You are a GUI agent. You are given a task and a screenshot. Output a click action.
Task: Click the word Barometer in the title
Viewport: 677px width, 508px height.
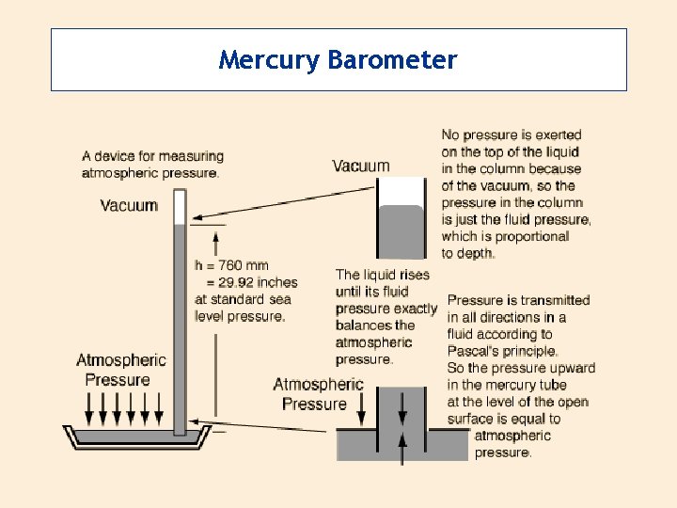tap(392, 60)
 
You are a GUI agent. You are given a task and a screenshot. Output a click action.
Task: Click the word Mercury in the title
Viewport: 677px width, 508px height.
tap(269, 61)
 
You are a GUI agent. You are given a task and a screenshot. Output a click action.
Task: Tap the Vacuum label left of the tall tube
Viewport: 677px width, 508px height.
tap(129, 205)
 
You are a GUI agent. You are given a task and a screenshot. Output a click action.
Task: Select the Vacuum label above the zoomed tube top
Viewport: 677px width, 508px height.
tap(360, 166)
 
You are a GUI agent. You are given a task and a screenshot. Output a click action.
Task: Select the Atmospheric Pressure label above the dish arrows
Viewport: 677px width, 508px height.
tap(120, 370)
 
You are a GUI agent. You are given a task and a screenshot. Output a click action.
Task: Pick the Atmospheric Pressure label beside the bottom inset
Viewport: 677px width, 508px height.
tap(318, 394)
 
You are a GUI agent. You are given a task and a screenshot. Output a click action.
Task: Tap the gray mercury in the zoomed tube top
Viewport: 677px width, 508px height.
tap(401, 231)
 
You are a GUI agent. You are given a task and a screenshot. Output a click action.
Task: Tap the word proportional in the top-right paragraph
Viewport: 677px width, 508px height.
tap(527, 236)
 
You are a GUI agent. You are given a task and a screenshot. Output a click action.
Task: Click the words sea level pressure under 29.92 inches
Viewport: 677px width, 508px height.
tap(243, 308)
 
